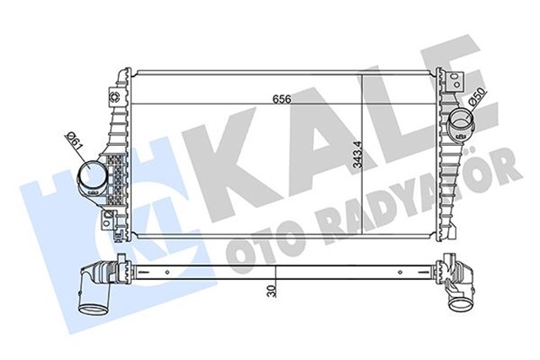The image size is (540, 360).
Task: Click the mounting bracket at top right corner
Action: point(456,82)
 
